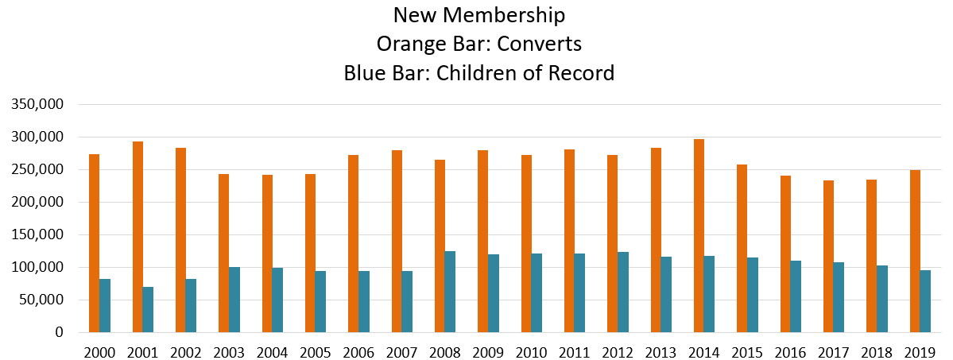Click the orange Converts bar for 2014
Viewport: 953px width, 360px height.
coord(699,236)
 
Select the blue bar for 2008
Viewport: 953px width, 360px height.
coord(450,292)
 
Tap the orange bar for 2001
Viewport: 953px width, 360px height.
coord(138,237)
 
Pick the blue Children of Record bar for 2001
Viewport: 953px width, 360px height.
coord(148,309)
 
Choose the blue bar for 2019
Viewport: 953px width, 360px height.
coord(925,302)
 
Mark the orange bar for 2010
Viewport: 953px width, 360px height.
coord(526,244)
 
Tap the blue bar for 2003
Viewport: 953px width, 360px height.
coord(234,300)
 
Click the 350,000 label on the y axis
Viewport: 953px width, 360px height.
coord(41,105)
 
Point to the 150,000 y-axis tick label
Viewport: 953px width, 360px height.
coord(41,234)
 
